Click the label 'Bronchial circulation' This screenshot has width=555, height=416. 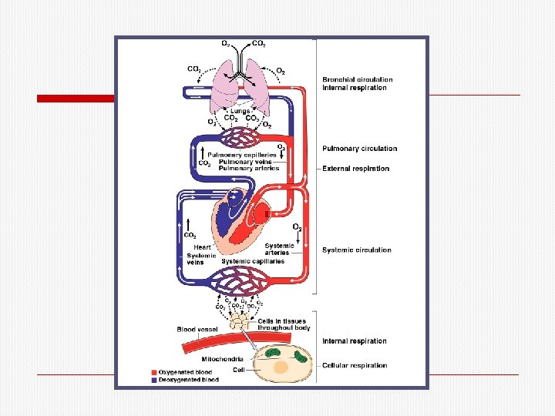click(357, 79)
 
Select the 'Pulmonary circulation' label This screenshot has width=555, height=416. click(359, 149)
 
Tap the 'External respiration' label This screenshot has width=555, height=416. click(355, 169)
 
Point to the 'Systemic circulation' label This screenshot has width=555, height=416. click(356, 250)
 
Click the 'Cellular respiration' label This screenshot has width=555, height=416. click(354, 365)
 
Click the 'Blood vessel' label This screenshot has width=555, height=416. click(197, 330)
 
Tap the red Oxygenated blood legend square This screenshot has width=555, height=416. click(154, 371)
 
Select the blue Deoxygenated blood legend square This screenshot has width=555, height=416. click(154, 379)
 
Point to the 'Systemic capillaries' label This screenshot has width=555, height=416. click(253, 261)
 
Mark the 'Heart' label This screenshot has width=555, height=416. click(203, 247)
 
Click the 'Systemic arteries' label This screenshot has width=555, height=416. click(278, 249)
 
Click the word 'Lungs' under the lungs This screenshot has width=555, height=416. click(240, 111)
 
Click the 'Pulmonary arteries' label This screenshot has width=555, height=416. click(246, 168)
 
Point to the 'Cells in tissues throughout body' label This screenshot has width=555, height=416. click(283, 324)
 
